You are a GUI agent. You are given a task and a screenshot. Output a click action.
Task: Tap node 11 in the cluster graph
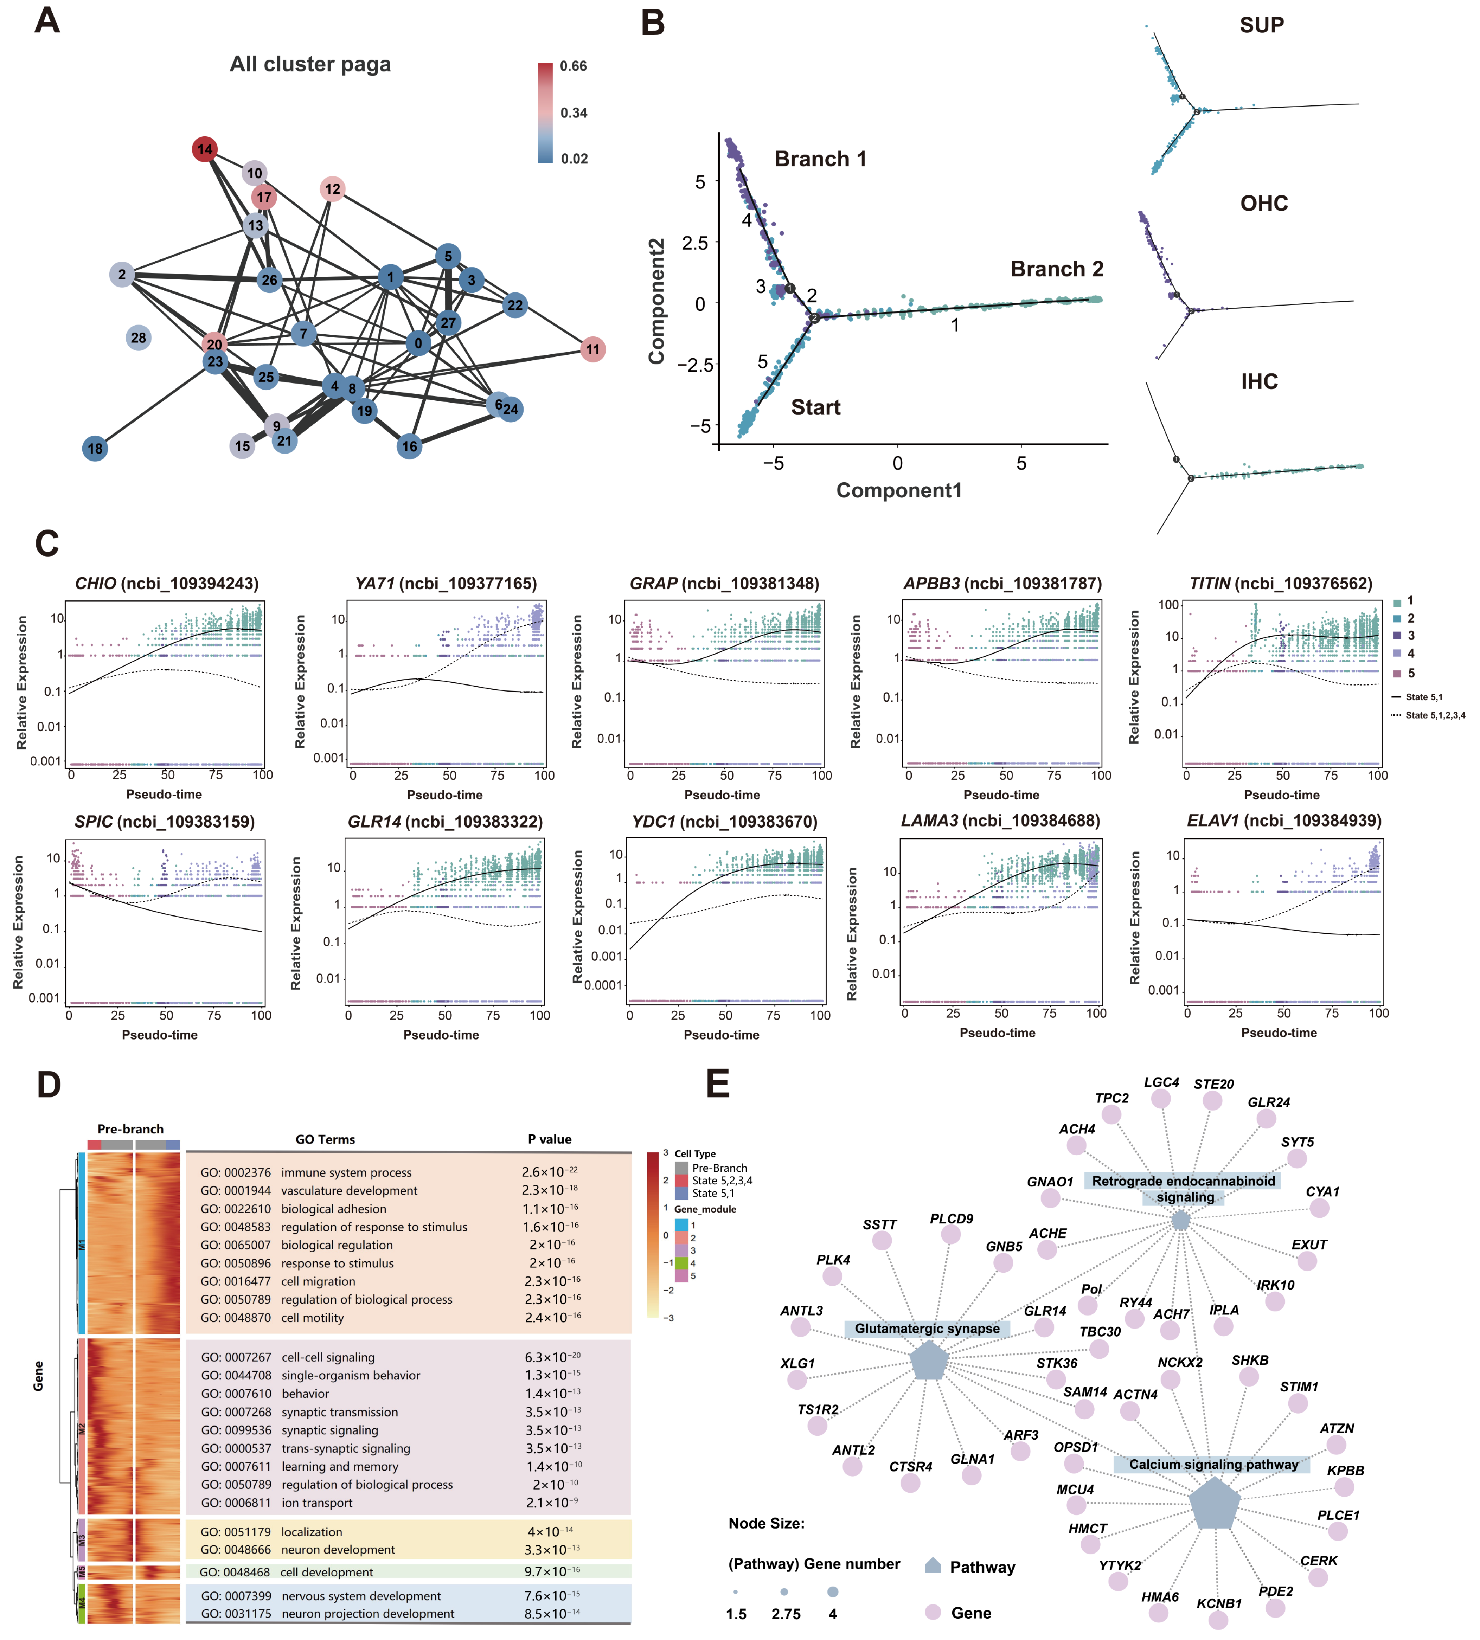[593, 350]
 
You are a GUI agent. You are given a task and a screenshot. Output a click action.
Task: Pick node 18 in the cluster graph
[95, 448]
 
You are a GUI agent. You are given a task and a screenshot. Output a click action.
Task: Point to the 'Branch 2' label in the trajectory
[1056, 269]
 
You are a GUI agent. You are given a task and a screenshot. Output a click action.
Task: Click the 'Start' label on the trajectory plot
[816, 407]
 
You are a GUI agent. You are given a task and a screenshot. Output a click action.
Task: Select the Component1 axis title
[898, 490]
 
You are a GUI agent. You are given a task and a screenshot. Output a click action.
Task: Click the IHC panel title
[1259, 381]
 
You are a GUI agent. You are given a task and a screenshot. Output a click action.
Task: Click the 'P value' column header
[550, 1139]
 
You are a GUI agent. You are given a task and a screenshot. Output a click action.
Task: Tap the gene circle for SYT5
[1297, 1158]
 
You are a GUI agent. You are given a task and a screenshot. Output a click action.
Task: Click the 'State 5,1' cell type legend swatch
[681, 1194]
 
